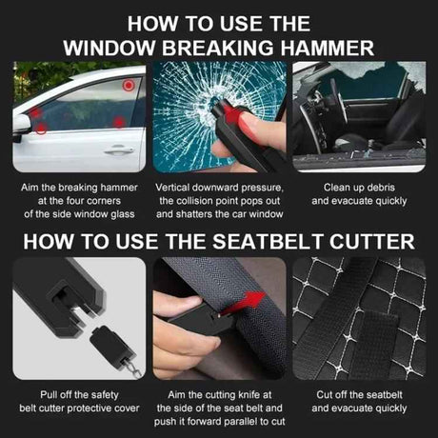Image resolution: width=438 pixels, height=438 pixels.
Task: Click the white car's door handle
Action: point(117,149)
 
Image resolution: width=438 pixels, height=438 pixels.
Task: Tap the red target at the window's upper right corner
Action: point(128,85)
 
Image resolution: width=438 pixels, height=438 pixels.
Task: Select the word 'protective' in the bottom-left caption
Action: point(90,409)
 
